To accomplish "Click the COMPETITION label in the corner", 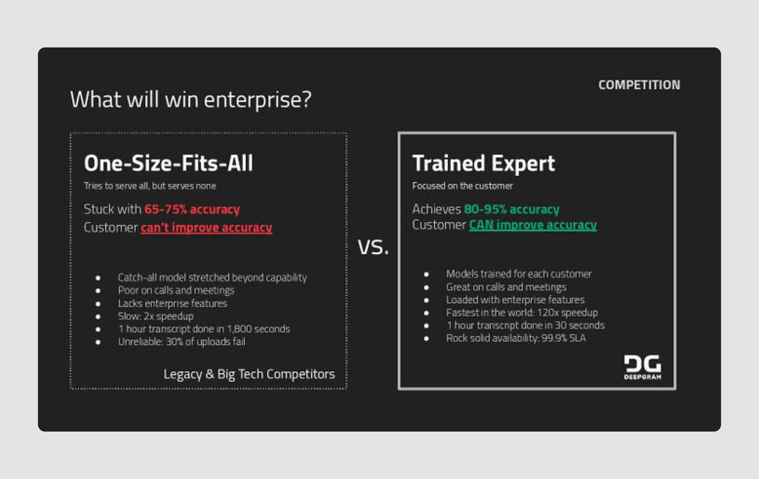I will (x=639, y=85).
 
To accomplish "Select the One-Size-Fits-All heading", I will (x=168, y=163).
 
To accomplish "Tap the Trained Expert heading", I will (x=483, y=163).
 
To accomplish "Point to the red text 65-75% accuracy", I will (x=192, y=209).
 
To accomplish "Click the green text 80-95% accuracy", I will (x=511, y=209).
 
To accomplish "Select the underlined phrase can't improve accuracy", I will (x=206, y=228).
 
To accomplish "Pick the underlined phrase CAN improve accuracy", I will (x=532, y=225).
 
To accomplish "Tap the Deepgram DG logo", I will (x=643, y=367).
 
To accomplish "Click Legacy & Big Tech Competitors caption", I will (x=249, y=374).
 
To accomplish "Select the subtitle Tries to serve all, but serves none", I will (x=150, y=186).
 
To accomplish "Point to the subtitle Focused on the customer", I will (x=463, y=186).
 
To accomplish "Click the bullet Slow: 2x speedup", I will (x=156, y=316).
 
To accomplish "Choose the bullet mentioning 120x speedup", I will (x=522, y=313).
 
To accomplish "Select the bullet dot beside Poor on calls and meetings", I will (x=98, y=291).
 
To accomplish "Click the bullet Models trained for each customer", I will (x=519, y=274).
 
